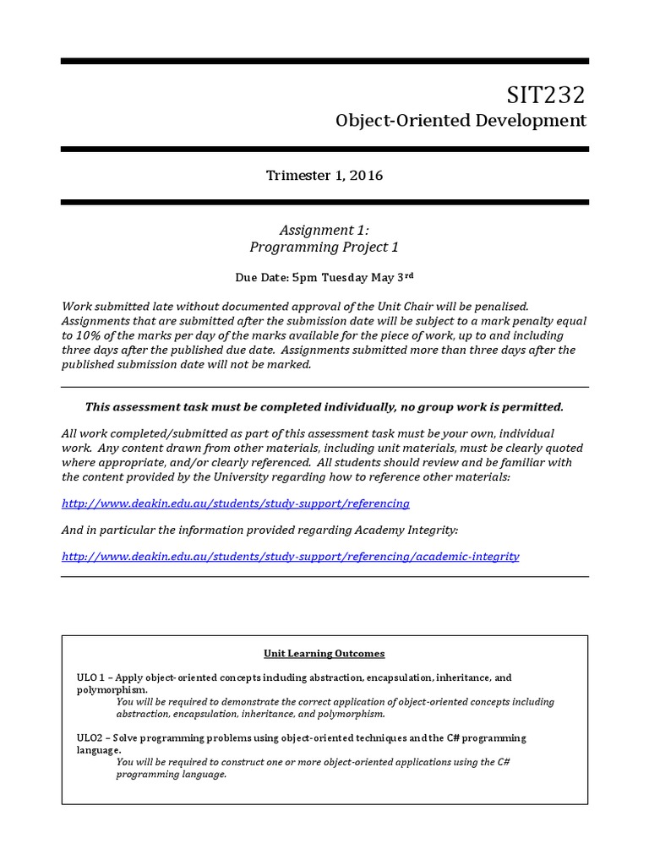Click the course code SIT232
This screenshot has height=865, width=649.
[x=546, y=94]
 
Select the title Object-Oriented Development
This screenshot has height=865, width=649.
[x=461, y=121]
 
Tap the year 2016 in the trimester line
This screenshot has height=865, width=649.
[x=364, y=176]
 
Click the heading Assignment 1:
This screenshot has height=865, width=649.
[x=324, y=230]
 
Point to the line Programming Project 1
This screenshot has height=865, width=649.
[x=324, y=248]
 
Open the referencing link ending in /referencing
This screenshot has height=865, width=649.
[x=236, y=503]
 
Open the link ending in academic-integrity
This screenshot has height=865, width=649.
[x=291, y=557]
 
